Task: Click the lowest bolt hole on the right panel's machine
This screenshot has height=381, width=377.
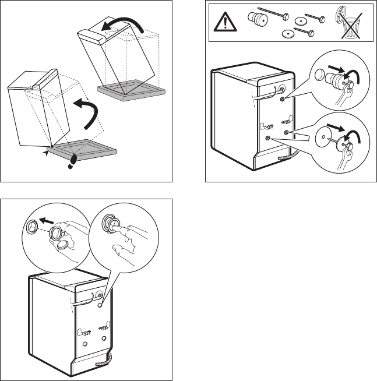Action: pos(268,138)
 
